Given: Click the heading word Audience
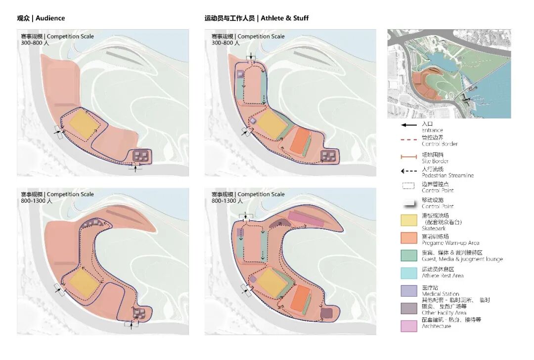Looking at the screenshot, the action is [x=50, y=18].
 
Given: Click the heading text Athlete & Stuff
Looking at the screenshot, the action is [x=284, y=18].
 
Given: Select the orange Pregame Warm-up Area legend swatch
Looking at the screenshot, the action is [x=409, y=237].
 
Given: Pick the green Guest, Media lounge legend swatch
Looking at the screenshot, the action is [x=409, y=254].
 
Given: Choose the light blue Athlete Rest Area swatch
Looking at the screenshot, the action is [x=409, y=272].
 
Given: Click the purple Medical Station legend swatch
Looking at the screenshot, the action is [x=409, y=290].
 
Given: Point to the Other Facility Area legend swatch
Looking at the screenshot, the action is [x=409, y=308].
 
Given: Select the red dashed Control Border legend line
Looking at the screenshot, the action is [x=409, y=140].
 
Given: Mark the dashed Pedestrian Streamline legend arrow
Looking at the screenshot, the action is [x=409, y=172].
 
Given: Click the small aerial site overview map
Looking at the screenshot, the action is [x=449, y=74].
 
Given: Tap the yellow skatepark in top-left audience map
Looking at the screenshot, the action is [x=81, y=124].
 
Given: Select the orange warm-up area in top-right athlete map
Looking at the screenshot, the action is [x=299, y=141].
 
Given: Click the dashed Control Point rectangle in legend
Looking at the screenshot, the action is [x=409, y=187].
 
